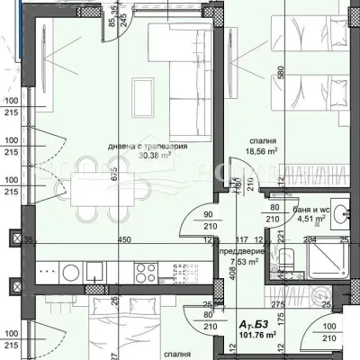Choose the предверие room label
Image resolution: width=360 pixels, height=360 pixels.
[239, 252]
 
